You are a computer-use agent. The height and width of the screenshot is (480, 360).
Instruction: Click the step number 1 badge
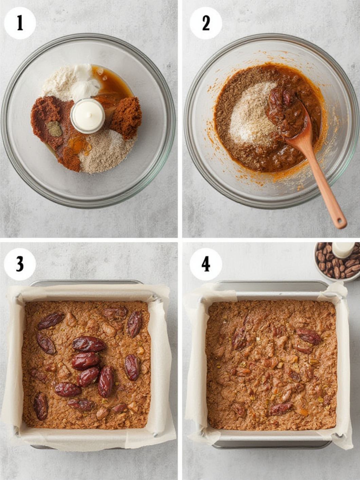tap(20, 23)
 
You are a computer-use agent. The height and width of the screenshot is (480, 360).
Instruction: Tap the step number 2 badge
tap(205, 23)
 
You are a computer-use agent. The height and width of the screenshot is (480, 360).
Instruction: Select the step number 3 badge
tap(20, 264)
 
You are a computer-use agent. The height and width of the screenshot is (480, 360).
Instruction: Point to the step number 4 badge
tap(205, 264)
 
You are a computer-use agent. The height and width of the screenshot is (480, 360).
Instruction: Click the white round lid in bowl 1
tap(88, 115)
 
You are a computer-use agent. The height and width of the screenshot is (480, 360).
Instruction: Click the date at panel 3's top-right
tap(134, 324)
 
